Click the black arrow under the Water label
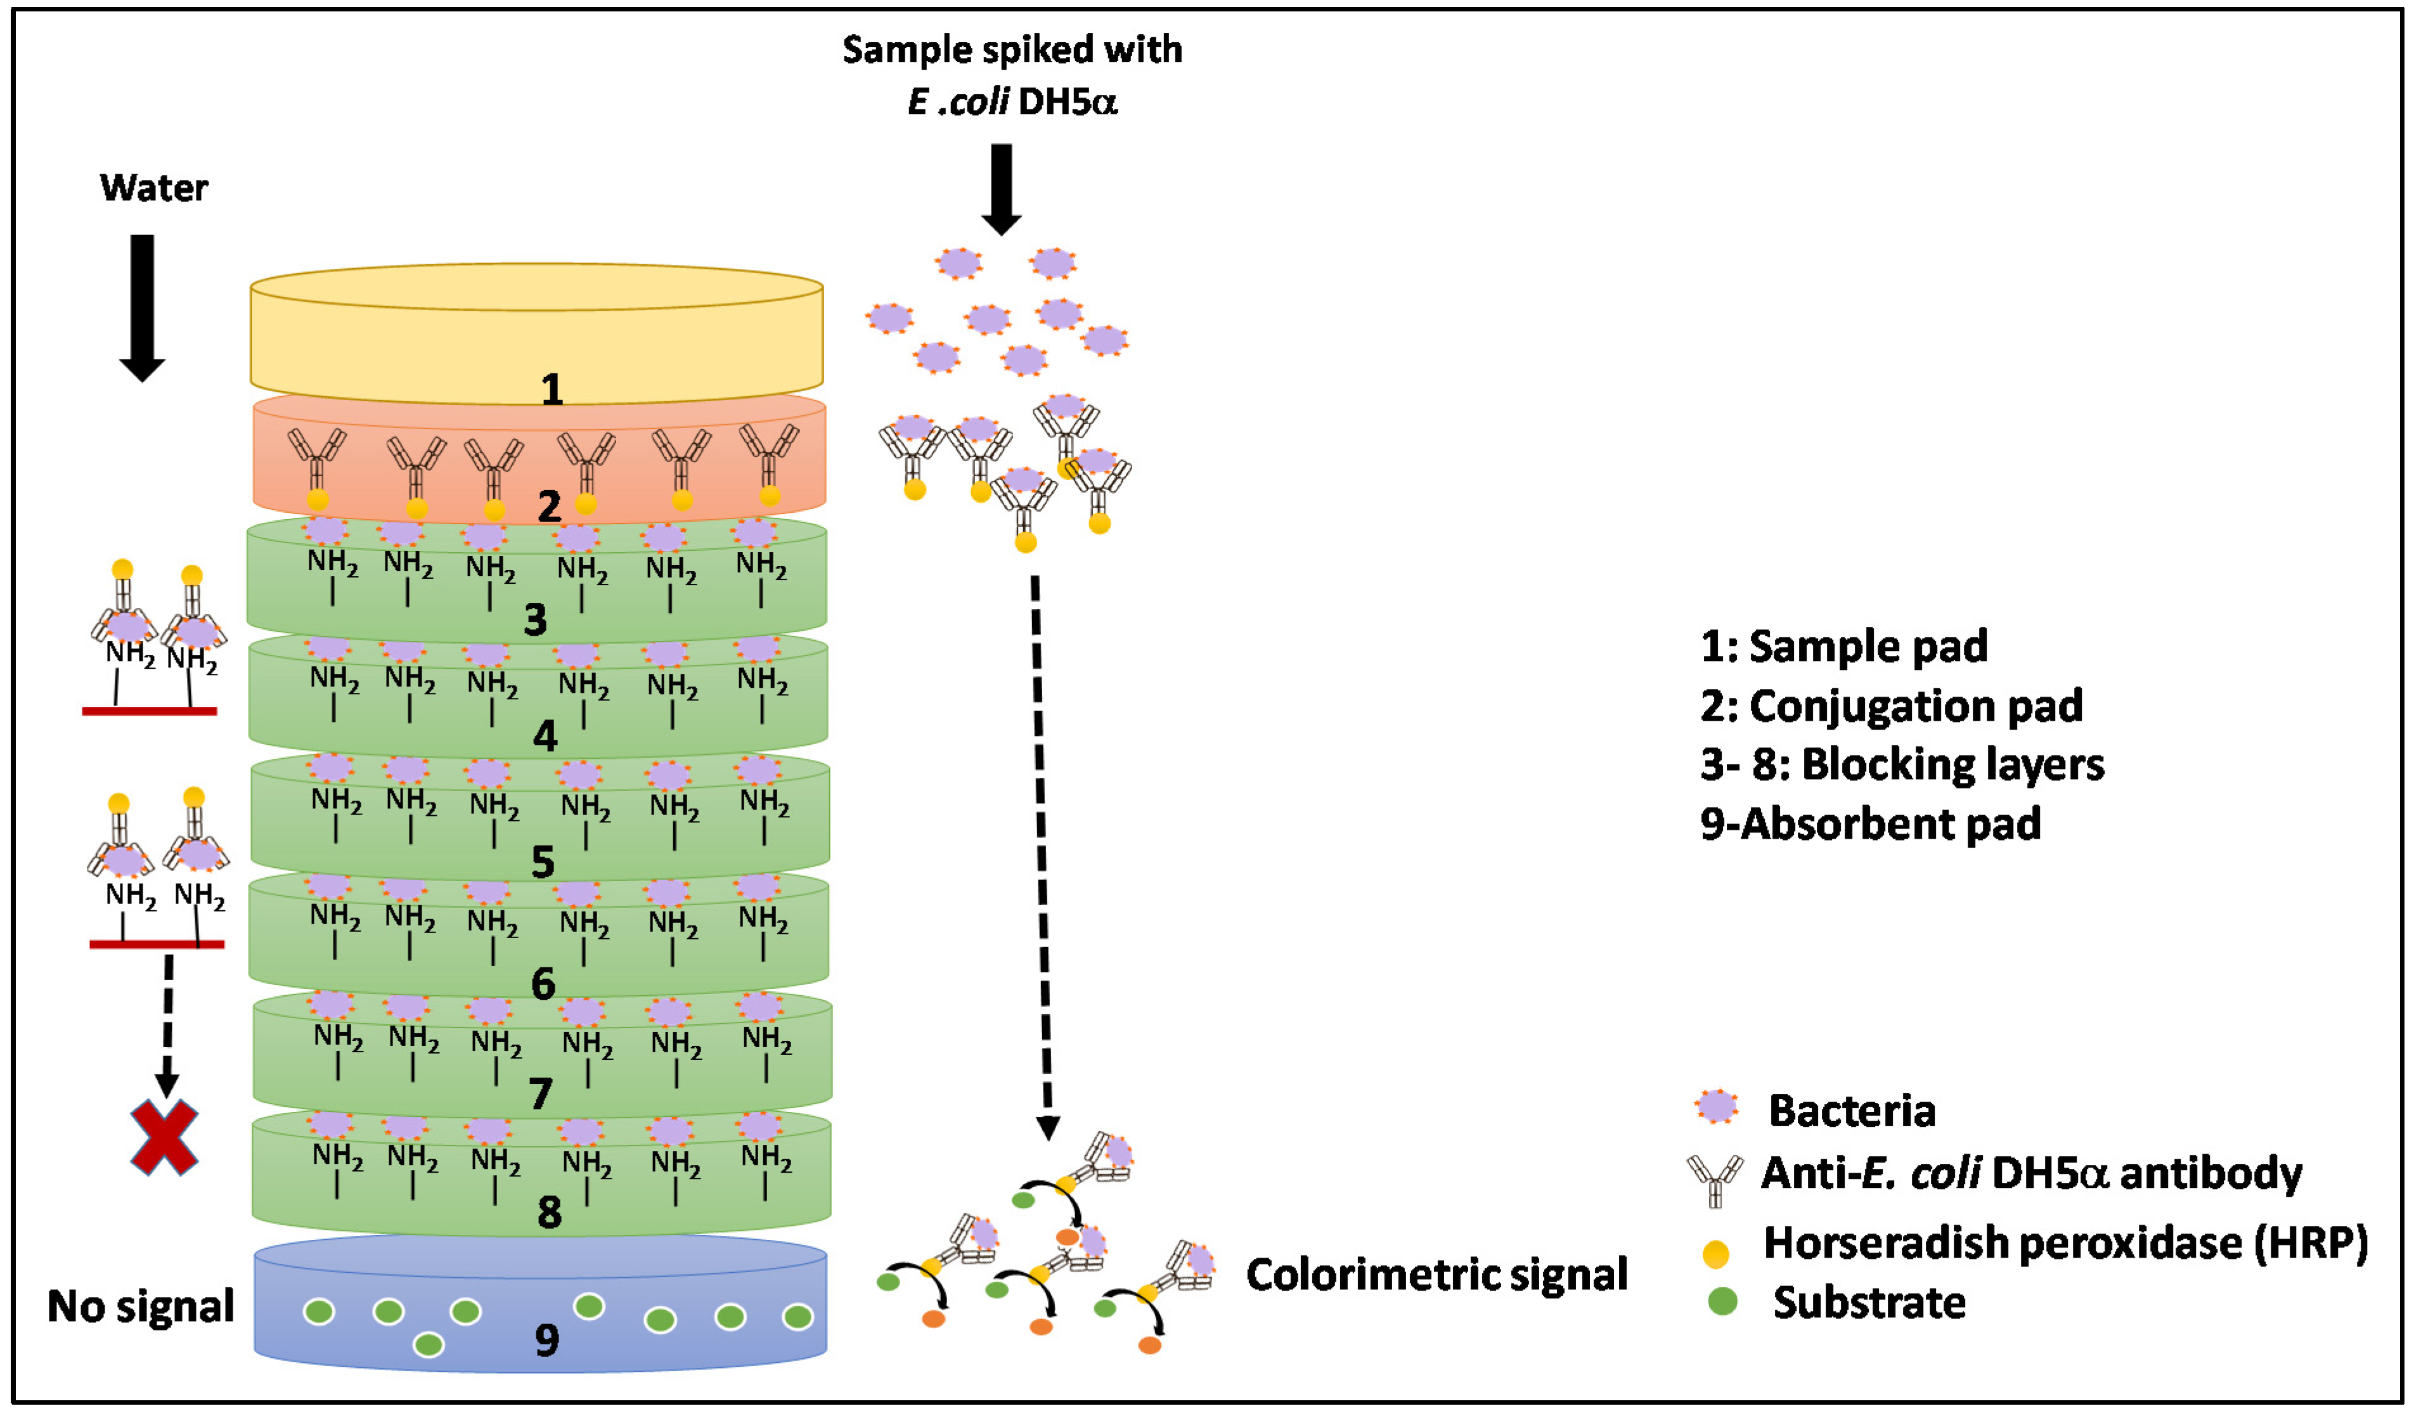[x=142, y=307]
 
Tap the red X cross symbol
[x=165, y=1138]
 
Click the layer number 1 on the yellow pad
[x=552, y=389]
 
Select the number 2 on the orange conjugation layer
[x=549, y=506]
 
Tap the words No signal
[x=141, y=1306]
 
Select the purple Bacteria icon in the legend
[x=1715, y=1107]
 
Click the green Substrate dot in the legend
[x=1722, y=1301]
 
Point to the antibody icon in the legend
[x=1715, y=1178]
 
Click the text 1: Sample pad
[x=1844, y=646]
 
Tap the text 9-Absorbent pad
[x=1870, y=824]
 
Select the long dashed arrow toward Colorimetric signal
[x=1042, y=853]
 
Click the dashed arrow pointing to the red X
[x=167, y=1025]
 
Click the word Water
[x=153, y=188]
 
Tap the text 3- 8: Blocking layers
[x=1902, y=764]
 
